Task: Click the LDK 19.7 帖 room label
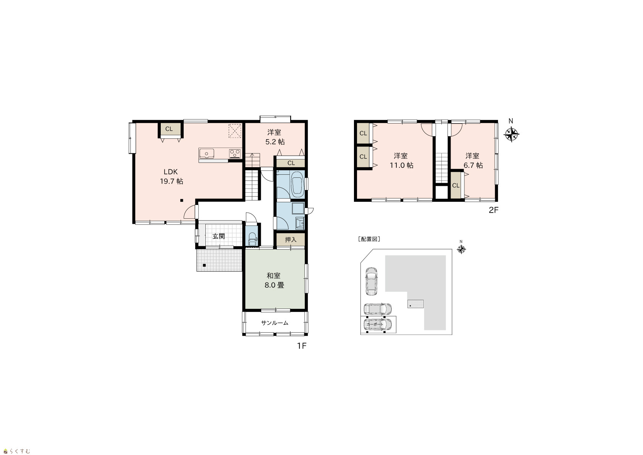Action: (171, 177)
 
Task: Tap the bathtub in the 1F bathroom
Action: (297, 184)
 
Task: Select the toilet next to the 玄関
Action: (252, 239)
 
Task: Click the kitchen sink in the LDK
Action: (207, 153)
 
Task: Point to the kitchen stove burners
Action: (234, 153)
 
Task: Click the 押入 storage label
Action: (291, 239)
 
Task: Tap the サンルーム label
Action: (275, 323)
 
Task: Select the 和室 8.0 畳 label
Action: (274, 280)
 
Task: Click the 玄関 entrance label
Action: (218, 236)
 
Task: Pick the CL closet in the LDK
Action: (169, 129)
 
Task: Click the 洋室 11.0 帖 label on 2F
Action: (401, 160)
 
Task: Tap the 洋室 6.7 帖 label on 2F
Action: (473, 160)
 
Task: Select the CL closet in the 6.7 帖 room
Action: (456, 185)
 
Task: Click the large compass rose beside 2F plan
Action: (512, 134)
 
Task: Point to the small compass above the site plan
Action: (461, 249)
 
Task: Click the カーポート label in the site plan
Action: (375, 324)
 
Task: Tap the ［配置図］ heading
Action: (369, 239)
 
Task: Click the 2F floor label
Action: (493, 210)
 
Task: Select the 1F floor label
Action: (302, 346)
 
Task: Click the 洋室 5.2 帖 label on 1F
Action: (275, 137)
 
